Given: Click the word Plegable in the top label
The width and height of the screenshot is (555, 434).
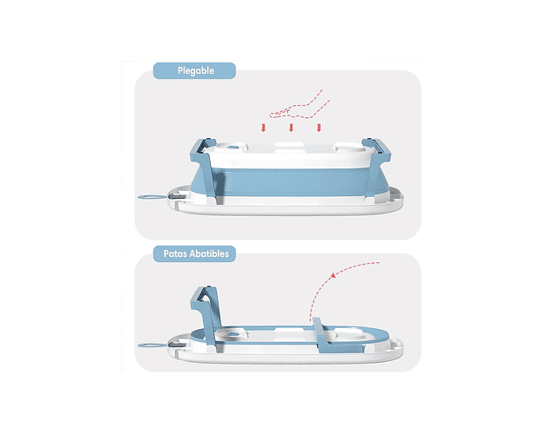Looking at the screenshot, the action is coord(196,71).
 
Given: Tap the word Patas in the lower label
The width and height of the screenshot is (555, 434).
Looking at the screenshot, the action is coord(175,253).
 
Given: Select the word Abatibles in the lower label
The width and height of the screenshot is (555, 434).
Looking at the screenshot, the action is coord(209,253).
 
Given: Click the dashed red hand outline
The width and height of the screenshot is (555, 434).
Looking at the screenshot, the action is coord(299,106).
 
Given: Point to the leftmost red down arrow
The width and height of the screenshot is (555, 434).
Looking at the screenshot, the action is coord(264,128).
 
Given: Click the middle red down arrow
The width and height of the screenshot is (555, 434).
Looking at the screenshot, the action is coord(291,128).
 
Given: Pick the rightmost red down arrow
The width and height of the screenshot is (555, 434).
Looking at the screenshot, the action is coord(319,128).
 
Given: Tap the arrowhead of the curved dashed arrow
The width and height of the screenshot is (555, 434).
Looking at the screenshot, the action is coord(332,275).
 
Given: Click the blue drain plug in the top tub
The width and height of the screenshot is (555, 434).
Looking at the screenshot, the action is coord(232,147).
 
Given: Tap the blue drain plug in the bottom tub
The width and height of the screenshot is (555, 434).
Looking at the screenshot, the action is coord(232,334).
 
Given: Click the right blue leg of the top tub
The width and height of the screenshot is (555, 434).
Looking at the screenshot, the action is coord(375,167).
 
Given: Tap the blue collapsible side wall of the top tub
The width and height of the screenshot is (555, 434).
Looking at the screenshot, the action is coord(291,182).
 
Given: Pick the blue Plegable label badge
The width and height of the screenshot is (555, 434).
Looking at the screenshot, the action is coord(194,71).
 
